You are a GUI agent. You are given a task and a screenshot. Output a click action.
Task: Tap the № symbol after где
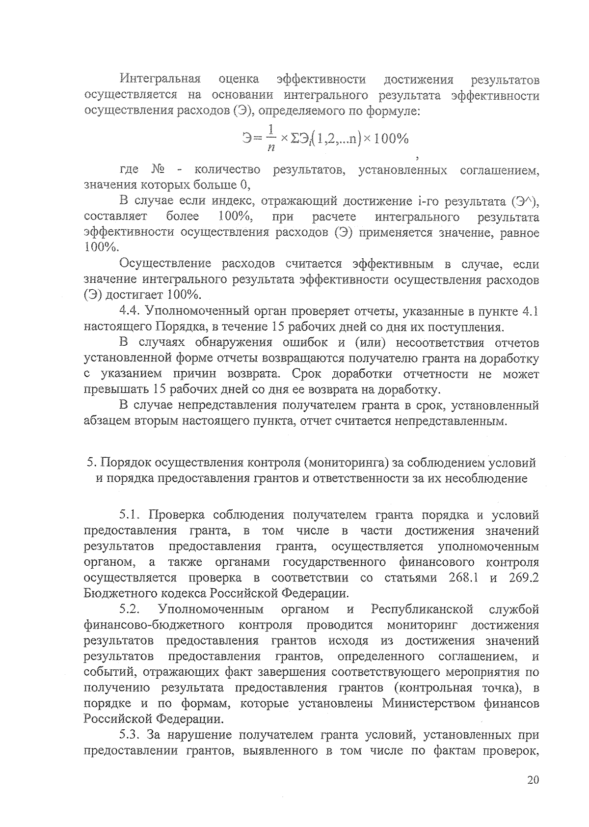(x=158, y=170)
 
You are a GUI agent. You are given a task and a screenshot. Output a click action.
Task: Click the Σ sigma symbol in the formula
(x=294, y=139)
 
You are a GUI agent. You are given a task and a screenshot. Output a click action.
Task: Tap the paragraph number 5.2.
(x=130, y=609)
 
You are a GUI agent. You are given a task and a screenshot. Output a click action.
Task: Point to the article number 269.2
(x=524, y=578)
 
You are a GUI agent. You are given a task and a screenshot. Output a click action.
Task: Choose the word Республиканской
(x=422, y=609)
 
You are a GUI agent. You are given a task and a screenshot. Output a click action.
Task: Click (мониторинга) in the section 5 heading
(x=346, y=463)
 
